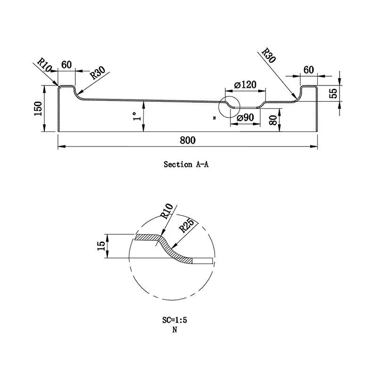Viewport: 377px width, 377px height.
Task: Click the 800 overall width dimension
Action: click(188, 140)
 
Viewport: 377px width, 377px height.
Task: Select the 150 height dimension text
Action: click(38, 109)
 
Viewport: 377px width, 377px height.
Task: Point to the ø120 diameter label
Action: click(245, 85)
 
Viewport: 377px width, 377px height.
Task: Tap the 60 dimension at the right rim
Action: click(309, 70)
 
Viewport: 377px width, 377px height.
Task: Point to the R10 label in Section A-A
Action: click(45, 64)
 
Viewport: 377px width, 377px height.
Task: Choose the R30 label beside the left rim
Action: click(98, 73)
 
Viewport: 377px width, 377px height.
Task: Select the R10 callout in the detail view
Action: click(166, 213)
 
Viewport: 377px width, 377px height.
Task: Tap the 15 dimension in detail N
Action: click(101, 246)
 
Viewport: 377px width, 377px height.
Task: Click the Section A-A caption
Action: click(186, 164)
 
